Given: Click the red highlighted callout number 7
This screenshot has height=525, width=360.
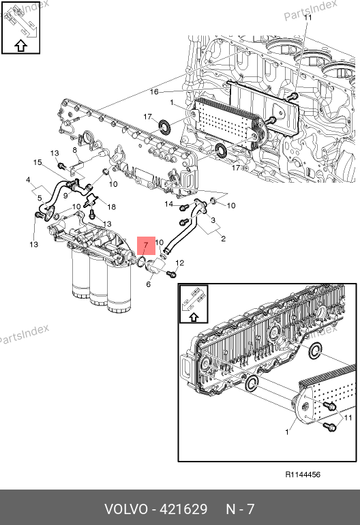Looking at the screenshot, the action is click(146, 245).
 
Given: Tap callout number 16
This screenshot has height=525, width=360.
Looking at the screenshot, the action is click(154, 92).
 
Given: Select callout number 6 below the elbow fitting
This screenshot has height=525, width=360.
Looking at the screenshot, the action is click(149, 284).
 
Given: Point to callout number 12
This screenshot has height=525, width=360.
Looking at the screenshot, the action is click(180, 262).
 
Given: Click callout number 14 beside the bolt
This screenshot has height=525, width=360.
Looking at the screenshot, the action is click(169, 204).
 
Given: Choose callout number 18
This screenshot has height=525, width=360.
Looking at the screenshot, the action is click(112, 207).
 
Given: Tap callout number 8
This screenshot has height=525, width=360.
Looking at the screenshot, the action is click(75, 150).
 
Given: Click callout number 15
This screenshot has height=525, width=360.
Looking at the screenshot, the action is click(37, 162).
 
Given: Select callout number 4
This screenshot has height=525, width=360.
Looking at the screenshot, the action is click(28, 180).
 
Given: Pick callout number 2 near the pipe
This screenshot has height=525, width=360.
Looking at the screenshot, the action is click(224, 239).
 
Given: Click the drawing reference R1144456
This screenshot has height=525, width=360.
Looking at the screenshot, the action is click(303, 475).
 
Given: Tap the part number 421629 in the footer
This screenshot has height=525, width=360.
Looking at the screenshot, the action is click(183, 509).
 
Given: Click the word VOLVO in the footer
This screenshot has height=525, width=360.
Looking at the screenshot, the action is click(126, 509).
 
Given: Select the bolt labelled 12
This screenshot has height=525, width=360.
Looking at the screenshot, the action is click(171, 274).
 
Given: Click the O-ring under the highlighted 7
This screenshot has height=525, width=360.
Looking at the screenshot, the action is click(141, 262).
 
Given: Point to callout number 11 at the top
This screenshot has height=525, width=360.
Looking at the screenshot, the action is click(307, 18).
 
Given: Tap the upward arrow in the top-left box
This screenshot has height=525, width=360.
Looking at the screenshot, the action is click(20, 46).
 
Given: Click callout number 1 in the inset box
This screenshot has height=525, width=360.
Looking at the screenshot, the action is click(286, 432).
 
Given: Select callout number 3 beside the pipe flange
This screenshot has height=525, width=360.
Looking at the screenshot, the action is click(213, 220).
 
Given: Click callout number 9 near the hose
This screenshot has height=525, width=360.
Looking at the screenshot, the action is click(65, 195).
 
